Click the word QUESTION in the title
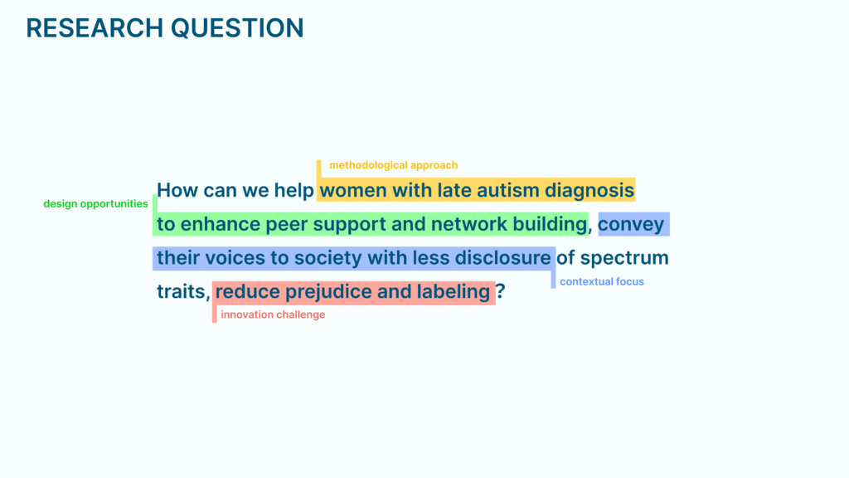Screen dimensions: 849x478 pyautogui.click(x=238, y=29)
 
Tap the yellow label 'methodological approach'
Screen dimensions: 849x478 pyautogui.click(x=394, y=165)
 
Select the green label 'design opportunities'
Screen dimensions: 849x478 pyautogui.click(x=96, y=204)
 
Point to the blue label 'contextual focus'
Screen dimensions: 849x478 pyautogui.click(x=602, y=281)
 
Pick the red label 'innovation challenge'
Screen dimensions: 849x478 pyautogui.click(x=273, y=315)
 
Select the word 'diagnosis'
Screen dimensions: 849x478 pyautogui.click(x=589, y=191)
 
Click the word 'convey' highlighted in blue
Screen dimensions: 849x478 pyautogui.click(x=631, y=225)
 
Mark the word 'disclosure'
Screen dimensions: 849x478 pyautogui.click(x=502, y=258)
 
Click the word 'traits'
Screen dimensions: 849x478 pyautogui.click(x=181, y=291)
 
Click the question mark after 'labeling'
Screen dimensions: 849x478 pyautogui.click(x=500, y=291)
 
